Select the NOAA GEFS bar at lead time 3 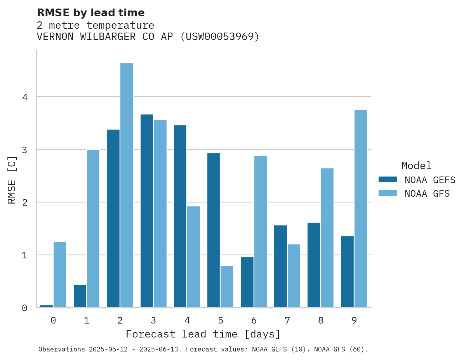(147, 211)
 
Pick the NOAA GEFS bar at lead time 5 (214, 230)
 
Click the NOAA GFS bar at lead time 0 (60, 275)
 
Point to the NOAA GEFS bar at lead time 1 (80, 296)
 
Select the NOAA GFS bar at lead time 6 (260, 232)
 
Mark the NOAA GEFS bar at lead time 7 (280, 267)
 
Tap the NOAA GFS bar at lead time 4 (193, 257)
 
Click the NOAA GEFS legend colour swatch (388, 180)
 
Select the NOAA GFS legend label (427, 194)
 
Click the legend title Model (416, 166)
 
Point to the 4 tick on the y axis (25, 97)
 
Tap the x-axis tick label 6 (254, 320)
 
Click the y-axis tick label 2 (25, 202)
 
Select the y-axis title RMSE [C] (12, 180)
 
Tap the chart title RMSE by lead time (90, 13)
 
